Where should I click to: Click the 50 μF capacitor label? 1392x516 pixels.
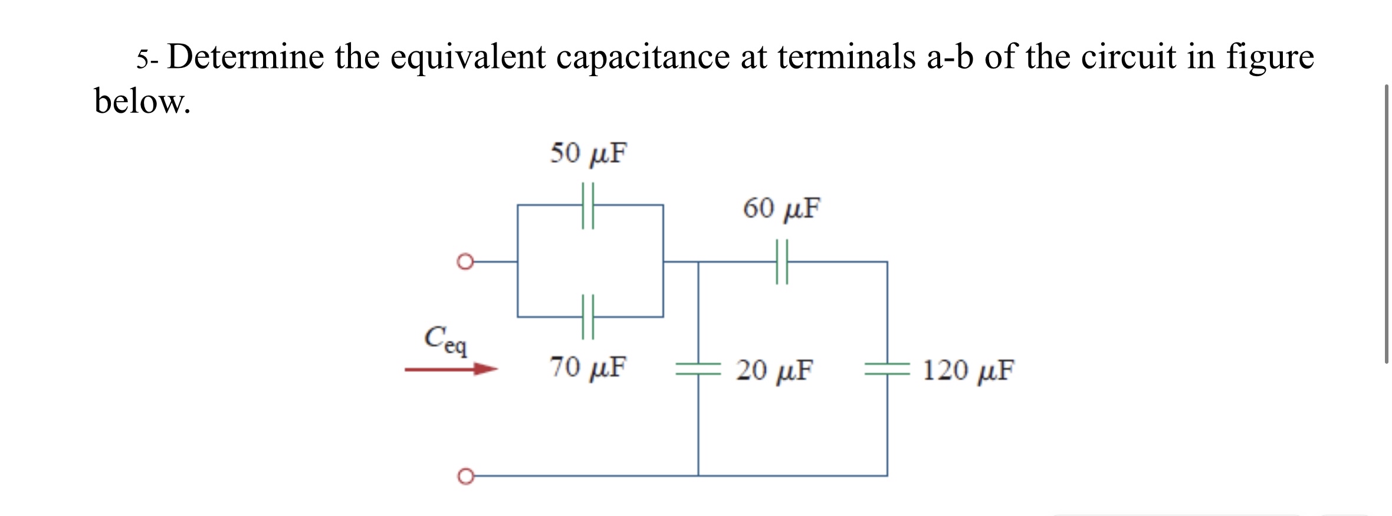click(x=588, y=153)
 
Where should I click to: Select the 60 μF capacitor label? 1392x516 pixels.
click(x=781, y=208)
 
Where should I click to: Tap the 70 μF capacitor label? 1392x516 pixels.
click(x=588, y=367)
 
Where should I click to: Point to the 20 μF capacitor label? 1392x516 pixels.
click(x=774, y=370)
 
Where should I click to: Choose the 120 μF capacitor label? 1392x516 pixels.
click(x=968, y=370)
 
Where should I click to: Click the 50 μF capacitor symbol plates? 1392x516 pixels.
click(x=588, y=205)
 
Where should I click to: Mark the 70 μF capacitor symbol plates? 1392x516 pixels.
click(x=588, y=317)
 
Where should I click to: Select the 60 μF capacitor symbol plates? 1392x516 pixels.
click(x=782, y=262)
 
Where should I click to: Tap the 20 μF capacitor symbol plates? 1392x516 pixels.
click(x=698, y=370)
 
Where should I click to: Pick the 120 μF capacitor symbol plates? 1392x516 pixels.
click(x=887, y=370)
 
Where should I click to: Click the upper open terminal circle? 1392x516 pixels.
click(x=465, y=262)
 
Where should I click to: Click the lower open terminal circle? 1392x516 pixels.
click(x=465, y=476)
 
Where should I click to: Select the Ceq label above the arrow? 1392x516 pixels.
click(x=445, y=340)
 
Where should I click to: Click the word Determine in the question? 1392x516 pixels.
click(x=245, y=57)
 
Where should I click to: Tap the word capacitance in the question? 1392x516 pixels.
click(x=643, y=57)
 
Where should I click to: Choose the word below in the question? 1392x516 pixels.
click(x=142, y=102)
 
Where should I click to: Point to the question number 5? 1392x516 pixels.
click(x=142, y=59)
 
